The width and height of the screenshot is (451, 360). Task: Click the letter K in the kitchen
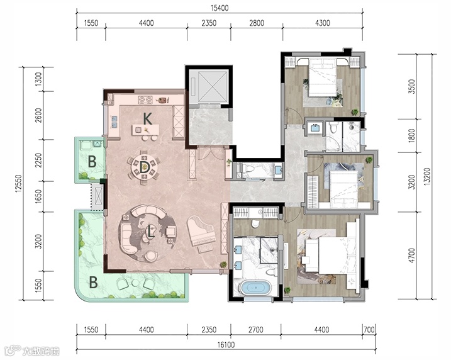(148, 118)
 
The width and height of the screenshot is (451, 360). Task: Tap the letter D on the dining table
(144, 167)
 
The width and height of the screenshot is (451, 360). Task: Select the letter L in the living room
(151, 232)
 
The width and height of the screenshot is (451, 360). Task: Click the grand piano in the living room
(201, 233)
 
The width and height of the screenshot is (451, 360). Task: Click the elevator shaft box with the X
(209, 86)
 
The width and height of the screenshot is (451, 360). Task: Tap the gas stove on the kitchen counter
(145, 100)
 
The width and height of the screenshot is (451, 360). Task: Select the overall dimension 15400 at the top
(220, 8)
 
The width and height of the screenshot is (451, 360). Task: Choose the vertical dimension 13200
(428, 177)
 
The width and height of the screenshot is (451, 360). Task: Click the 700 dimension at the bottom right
(369, 329)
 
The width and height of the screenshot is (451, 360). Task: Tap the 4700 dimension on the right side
(412, 256)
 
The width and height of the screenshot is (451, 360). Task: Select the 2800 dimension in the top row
(257, 23)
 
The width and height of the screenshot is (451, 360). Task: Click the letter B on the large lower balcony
(94, 283)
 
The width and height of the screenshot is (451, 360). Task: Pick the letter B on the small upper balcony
(92, 162)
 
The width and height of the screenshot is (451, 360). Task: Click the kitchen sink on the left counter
(114, 121)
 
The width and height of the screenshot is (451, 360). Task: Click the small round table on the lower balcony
(135, 283)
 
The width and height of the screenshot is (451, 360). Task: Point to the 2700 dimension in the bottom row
(256, 329)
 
